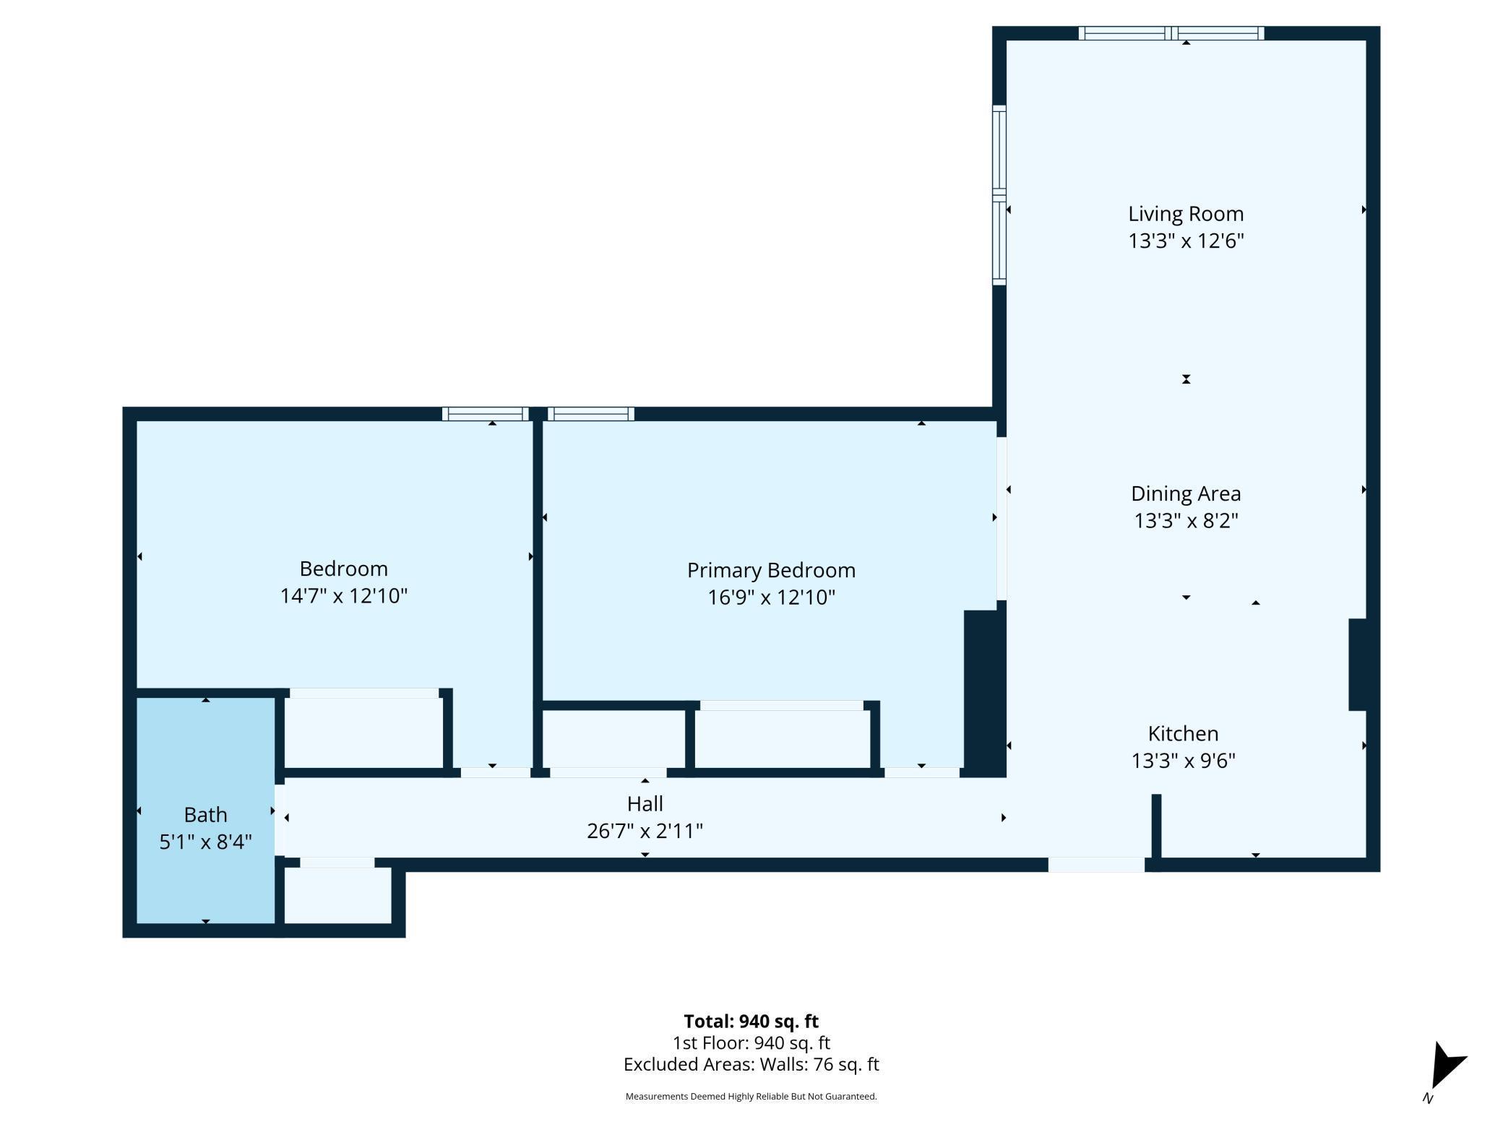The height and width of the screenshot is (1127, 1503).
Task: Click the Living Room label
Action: point(1186,214)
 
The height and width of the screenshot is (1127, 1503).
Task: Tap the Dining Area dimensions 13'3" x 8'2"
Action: point(1186,520)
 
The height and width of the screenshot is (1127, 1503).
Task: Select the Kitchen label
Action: point(1183,733)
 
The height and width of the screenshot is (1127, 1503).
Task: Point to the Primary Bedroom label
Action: point(771,571)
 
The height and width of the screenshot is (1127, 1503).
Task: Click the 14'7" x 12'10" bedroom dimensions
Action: point(344,595)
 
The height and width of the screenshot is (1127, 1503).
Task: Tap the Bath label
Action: point(206,815)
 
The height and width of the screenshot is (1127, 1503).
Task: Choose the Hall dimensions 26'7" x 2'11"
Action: point(645,831)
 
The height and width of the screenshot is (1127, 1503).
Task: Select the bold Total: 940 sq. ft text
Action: point(751,1021)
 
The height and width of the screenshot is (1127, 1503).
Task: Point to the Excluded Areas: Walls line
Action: point(751,1064)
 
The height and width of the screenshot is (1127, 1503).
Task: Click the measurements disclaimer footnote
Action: point(751,1097)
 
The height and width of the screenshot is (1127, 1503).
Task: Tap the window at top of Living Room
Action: point(1171,33)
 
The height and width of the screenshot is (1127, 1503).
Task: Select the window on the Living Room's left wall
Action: point(999,195)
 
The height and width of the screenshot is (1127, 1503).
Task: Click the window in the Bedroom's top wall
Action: point(486,414)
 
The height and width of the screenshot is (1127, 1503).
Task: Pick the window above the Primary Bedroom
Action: point(591,414)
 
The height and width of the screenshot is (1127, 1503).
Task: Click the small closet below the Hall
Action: point(338,895)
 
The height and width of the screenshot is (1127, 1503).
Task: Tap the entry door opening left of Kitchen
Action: point(1096,865)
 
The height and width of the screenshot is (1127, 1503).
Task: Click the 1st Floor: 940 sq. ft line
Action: point(751,1042)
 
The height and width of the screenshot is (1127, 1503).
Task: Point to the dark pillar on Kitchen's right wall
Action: point(1358,665)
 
